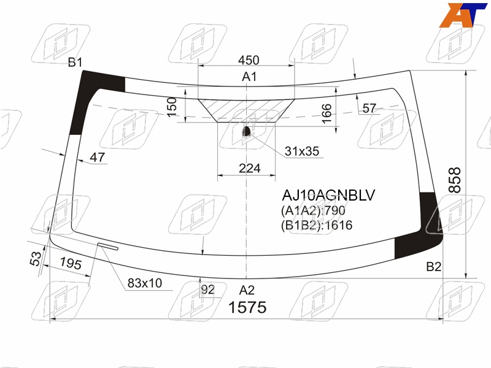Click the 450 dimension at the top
[x=249, y=60]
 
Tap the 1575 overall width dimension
[x=247, y=307]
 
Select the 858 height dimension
[x=455, y=180]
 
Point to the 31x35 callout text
[x=302, y=151]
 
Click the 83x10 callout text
[x=145, y=283]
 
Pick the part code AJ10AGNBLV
[x=328, y=195]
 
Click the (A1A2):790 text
[x=313, y=210]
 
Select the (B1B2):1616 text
[x=317, y=225]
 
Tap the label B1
[x=75, y=63]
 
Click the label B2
[x=434, y=267]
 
